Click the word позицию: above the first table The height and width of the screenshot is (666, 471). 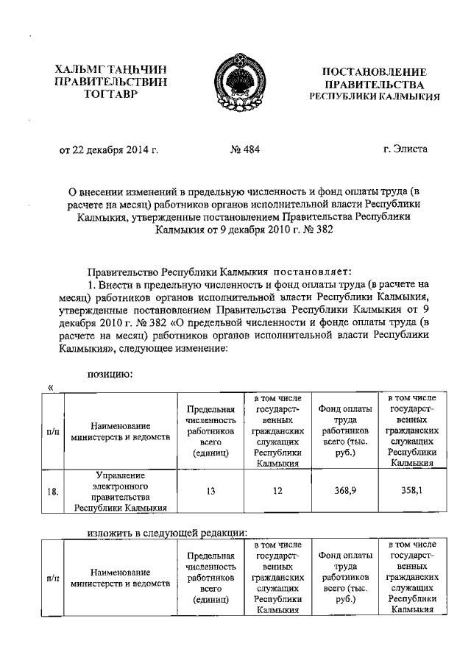click(x=110, y=375)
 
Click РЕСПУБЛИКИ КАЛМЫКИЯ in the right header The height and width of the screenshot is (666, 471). click(x=375, y=96)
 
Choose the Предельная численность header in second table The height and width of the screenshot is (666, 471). click(x=210, y=578)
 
